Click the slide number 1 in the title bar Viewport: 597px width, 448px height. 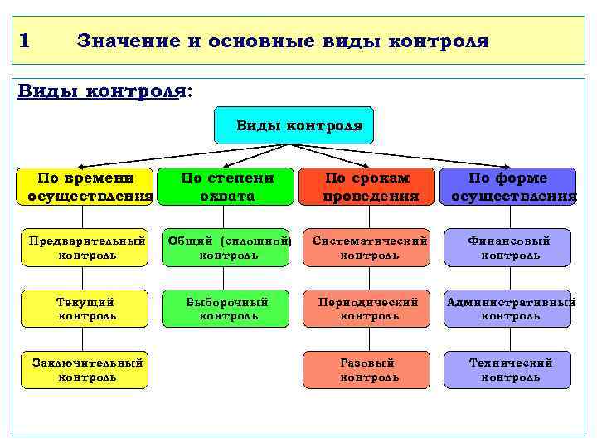[24, 41]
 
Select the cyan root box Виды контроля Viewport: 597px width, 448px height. [294, 125]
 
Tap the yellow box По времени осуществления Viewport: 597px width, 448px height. [85, 187]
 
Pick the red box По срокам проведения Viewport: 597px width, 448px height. [366, 187]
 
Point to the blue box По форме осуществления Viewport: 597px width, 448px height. [507, 187]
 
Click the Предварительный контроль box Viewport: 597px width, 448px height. [85, 247]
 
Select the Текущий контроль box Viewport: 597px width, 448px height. [85, 309]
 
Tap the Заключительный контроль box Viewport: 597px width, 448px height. [85, 370]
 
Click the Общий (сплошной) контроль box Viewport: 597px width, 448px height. [226, 247]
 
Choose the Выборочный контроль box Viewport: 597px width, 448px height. [226, 309]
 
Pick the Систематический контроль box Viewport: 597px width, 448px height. [366, 247]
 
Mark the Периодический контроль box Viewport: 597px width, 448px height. [366, 309]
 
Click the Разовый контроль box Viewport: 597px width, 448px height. [366, 370]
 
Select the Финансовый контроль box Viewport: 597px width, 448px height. [507, 247]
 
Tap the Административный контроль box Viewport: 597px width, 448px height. [507, 309]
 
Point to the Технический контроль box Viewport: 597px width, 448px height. [507, 370]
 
